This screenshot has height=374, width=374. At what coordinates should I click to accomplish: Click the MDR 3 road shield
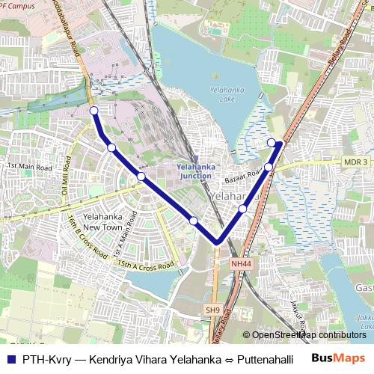tap(357, 162)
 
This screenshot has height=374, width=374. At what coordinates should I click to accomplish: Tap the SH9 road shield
tap(213, 310)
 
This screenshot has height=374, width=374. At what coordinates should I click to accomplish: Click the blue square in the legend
tap(10, 359)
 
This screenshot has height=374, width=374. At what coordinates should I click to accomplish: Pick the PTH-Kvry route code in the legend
tap(46, 359)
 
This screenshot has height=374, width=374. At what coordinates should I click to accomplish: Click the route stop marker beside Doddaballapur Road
tap(93, 111)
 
